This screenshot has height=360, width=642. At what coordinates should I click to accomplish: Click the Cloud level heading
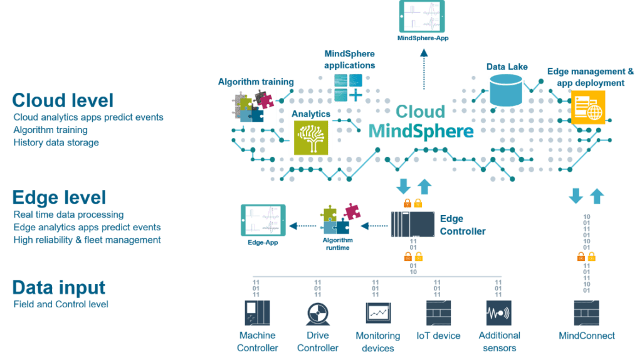62,100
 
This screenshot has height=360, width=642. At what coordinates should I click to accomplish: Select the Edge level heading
59,198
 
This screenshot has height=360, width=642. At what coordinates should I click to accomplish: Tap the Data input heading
59,288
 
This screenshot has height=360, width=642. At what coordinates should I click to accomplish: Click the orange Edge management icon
588,108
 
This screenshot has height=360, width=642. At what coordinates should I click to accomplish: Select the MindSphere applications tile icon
347,88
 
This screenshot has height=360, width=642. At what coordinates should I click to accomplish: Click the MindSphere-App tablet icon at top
421,16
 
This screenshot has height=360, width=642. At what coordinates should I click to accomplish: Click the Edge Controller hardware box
412,225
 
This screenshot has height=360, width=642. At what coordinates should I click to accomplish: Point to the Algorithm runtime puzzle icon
336,219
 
